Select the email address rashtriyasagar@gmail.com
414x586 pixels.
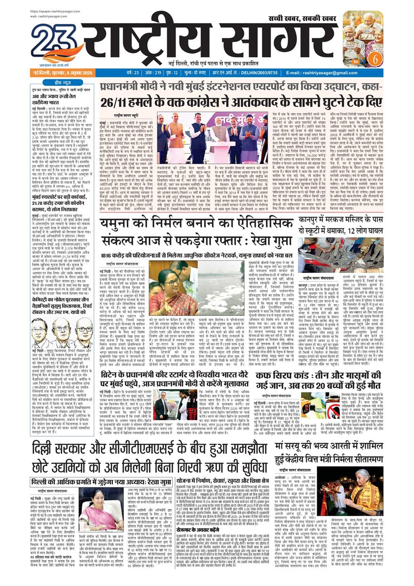[343, 73]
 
